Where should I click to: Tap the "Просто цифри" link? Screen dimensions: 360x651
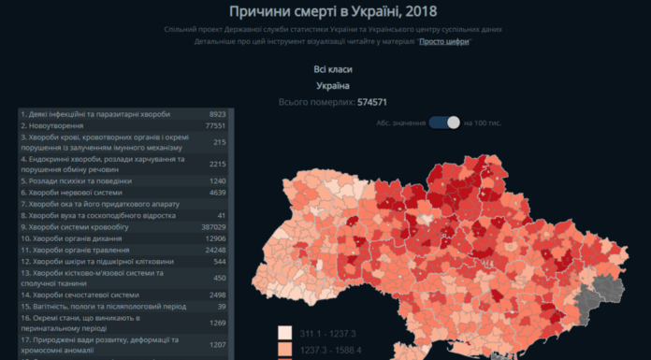click(444, 42)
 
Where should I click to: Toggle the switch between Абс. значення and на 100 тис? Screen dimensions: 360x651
click(445, 122)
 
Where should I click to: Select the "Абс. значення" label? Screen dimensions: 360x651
click(402, 122)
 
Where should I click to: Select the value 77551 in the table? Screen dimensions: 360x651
click(211, 125)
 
